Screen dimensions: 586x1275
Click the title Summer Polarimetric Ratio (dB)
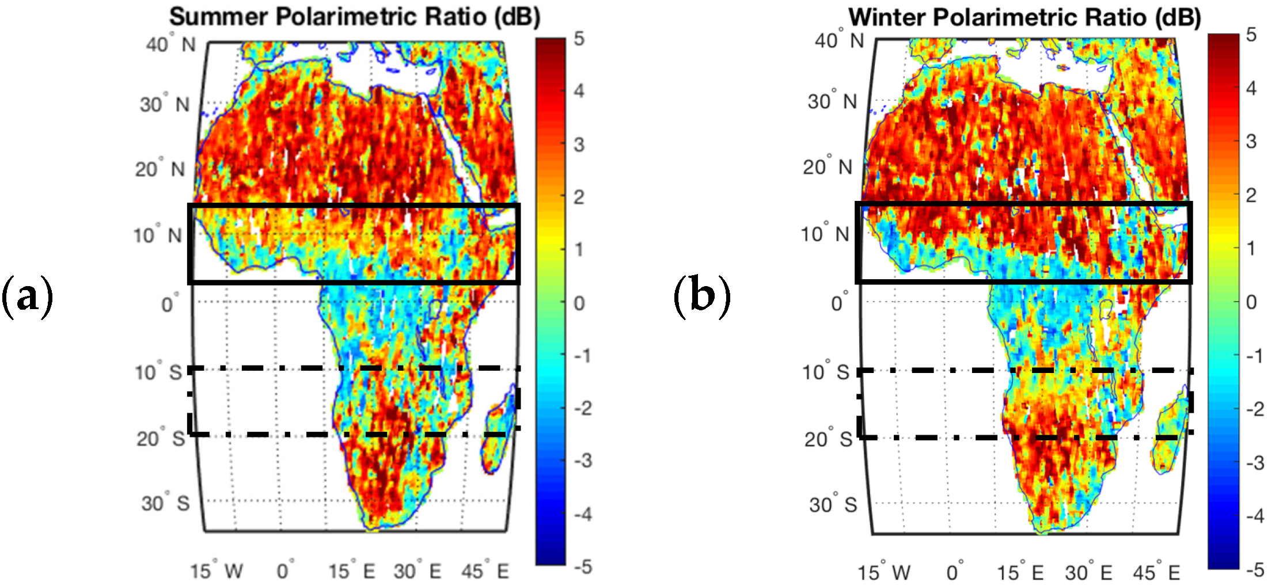(354, 17)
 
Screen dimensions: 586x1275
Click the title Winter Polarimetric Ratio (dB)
(1024, 17)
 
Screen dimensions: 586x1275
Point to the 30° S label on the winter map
(833, 505)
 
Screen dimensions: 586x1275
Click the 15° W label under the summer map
(217, 571)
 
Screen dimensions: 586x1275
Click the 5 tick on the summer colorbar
(579, 39)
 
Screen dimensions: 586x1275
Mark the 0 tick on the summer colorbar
(579, 303)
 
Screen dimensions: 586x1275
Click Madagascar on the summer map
(498, 437)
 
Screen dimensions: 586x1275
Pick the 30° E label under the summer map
(418, 571)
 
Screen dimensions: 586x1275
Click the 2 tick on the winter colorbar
(1251, 195)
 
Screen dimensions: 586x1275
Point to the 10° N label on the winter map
(825, 234)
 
